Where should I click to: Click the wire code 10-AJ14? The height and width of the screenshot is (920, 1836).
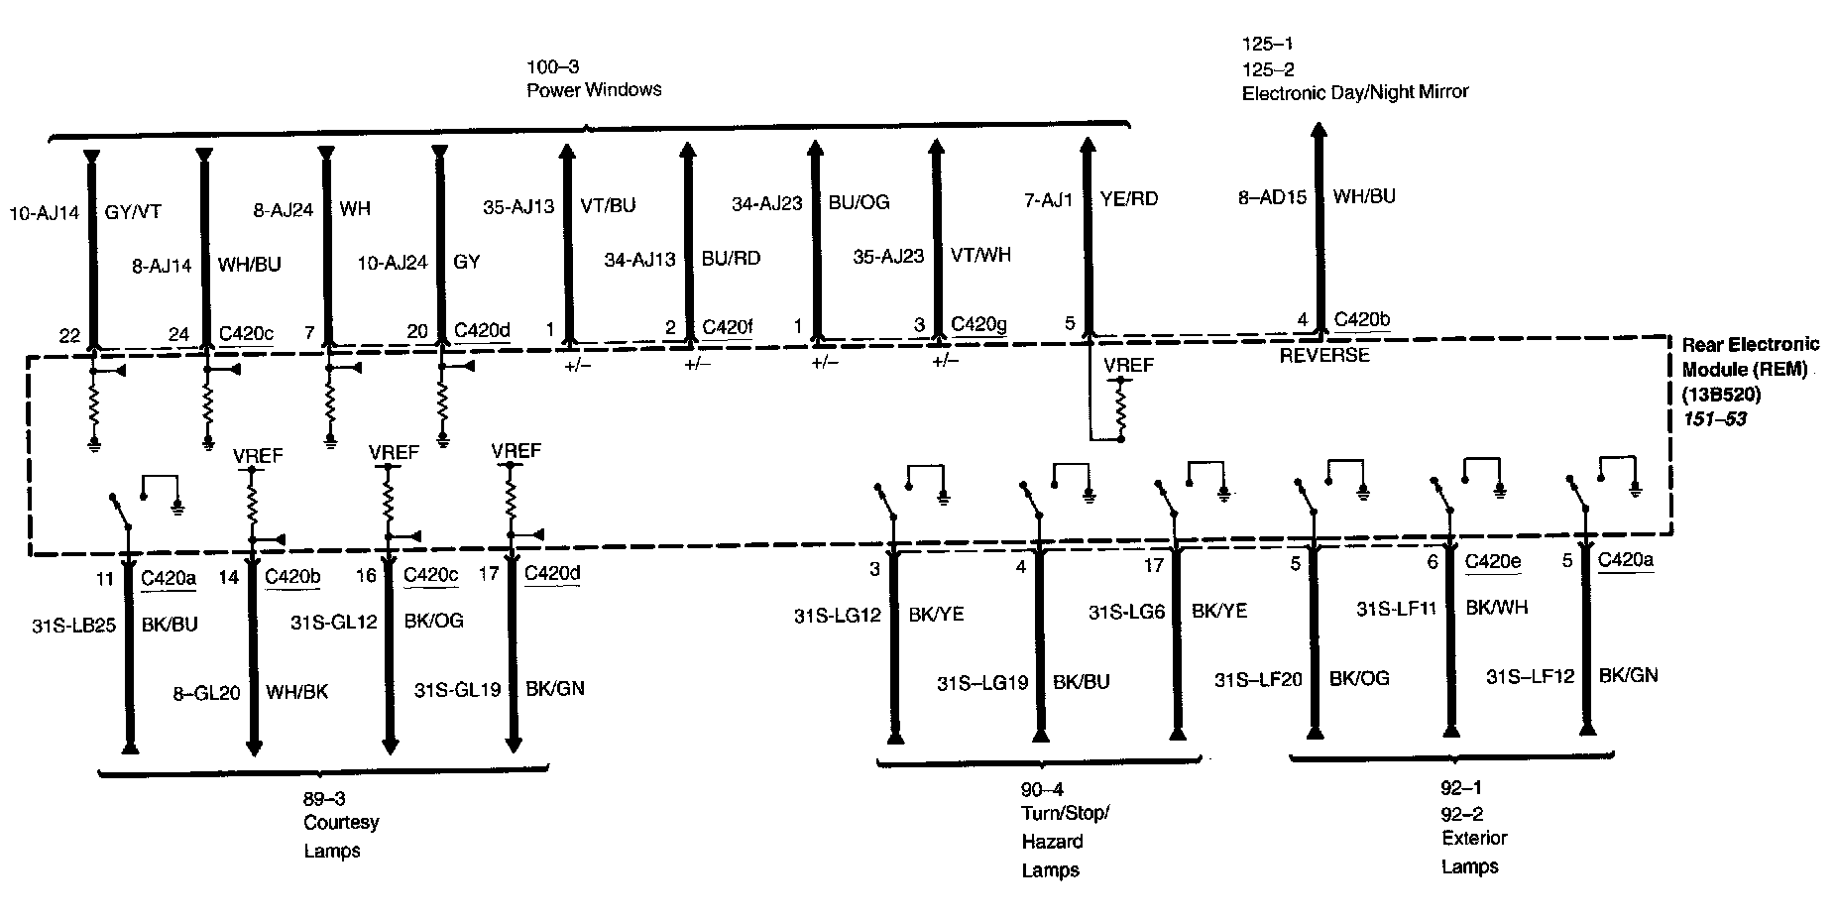(x=44, y=212)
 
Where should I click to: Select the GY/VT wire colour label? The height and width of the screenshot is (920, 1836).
(x=133, y=212)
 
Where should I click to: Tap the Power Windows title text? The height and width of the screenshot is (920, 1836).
(x=594, y=90)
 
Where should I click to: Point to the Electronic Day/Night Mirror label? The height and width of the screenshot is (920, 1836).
(x=1354, y=92)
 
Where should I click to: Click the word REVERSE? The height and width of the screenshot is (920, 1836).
(x=1324, y=355)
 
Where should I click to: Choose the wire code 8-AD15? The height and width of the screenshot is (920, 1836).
(x=1274, y=197)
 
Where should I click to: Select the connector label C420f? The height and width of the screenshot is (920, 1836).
(x=727, y=326)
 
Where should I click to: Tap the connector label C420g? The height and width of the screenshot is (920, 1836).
(x=978, y=324)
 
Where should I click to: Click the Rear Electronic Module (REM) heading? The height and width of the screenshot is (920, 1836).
(x=1751, y=357)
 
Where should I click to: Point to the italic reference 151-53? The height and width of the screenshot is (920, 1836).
(x=1714, y=419)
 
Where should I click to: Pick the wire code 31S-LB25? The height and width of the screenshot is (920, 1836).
(x=74, y=626)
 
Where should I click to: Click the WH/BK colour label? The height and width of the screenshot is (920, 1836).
(x=297, y=692)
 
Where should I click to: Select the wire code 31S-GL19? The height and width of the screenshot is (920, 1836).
(x=457, y=689)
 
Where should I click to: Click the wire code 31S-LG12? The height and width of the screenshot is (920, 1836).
(x=838, y=615)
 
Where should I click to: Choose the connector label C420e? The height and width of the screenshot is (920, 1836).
(x=1493, y=561)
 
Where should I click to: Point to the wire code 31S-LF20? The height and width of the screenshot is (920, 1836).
(x=1258, y=679)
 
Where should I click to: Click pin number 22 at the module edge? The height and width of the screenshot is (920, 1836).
(x=68, y=336)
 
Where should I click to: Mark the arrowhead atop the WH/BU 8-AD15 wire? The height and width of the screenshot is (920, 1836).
(x=1319, y=130)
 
